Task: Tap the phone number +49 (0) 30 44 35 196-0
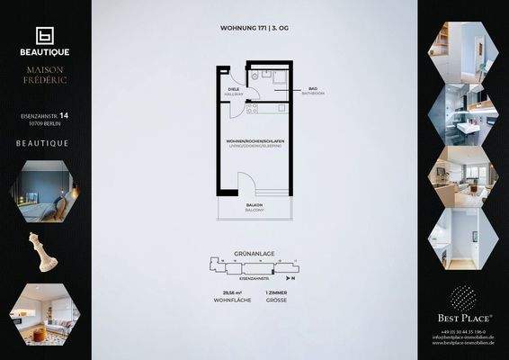(463, 332)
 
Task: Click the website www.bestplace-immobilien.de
(463, 345)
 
